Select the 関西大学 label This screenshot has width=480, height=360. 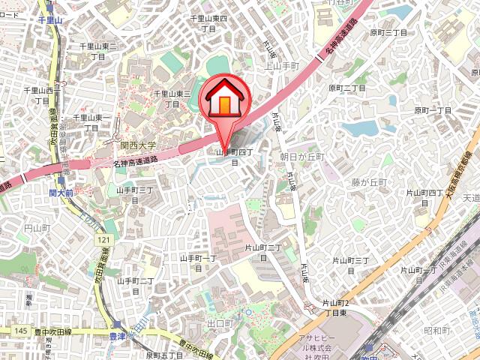coord(138,145)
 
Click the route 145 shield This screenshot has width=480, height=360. coord(20,331)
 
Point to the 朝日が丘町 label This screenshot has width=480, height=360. coord(301,157)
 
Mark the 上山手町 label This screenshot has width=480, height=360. coord(283,65)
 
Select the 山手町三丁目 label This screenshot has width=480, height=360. coord(135,196)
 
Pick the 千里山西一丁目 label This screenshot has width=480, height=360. coord(38,95)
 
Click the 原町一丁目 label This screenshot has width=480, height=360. coord(433,110)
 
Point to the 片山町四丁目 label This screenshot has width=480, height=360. coord(425,198)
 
